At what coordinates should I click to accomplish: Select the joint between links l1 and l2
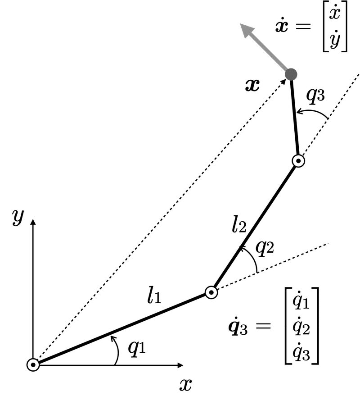[x=211, y=292]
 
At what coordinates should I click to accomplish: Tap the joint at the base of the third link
[x=298, y=160]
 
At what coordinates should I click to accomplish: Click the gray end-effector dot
[x=291, y=73]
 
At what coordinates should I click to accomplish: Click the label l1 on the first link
[x=154, y=296]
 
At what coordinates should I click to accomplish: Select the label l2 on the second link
[x=239, y=224]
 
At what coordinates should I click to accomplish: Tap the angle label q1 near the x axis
[x=137, y=347]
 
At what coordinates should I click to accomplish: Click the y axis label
[x=18, y=217]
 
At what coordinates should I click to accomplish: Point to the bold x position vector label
[x=253, y=85]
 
